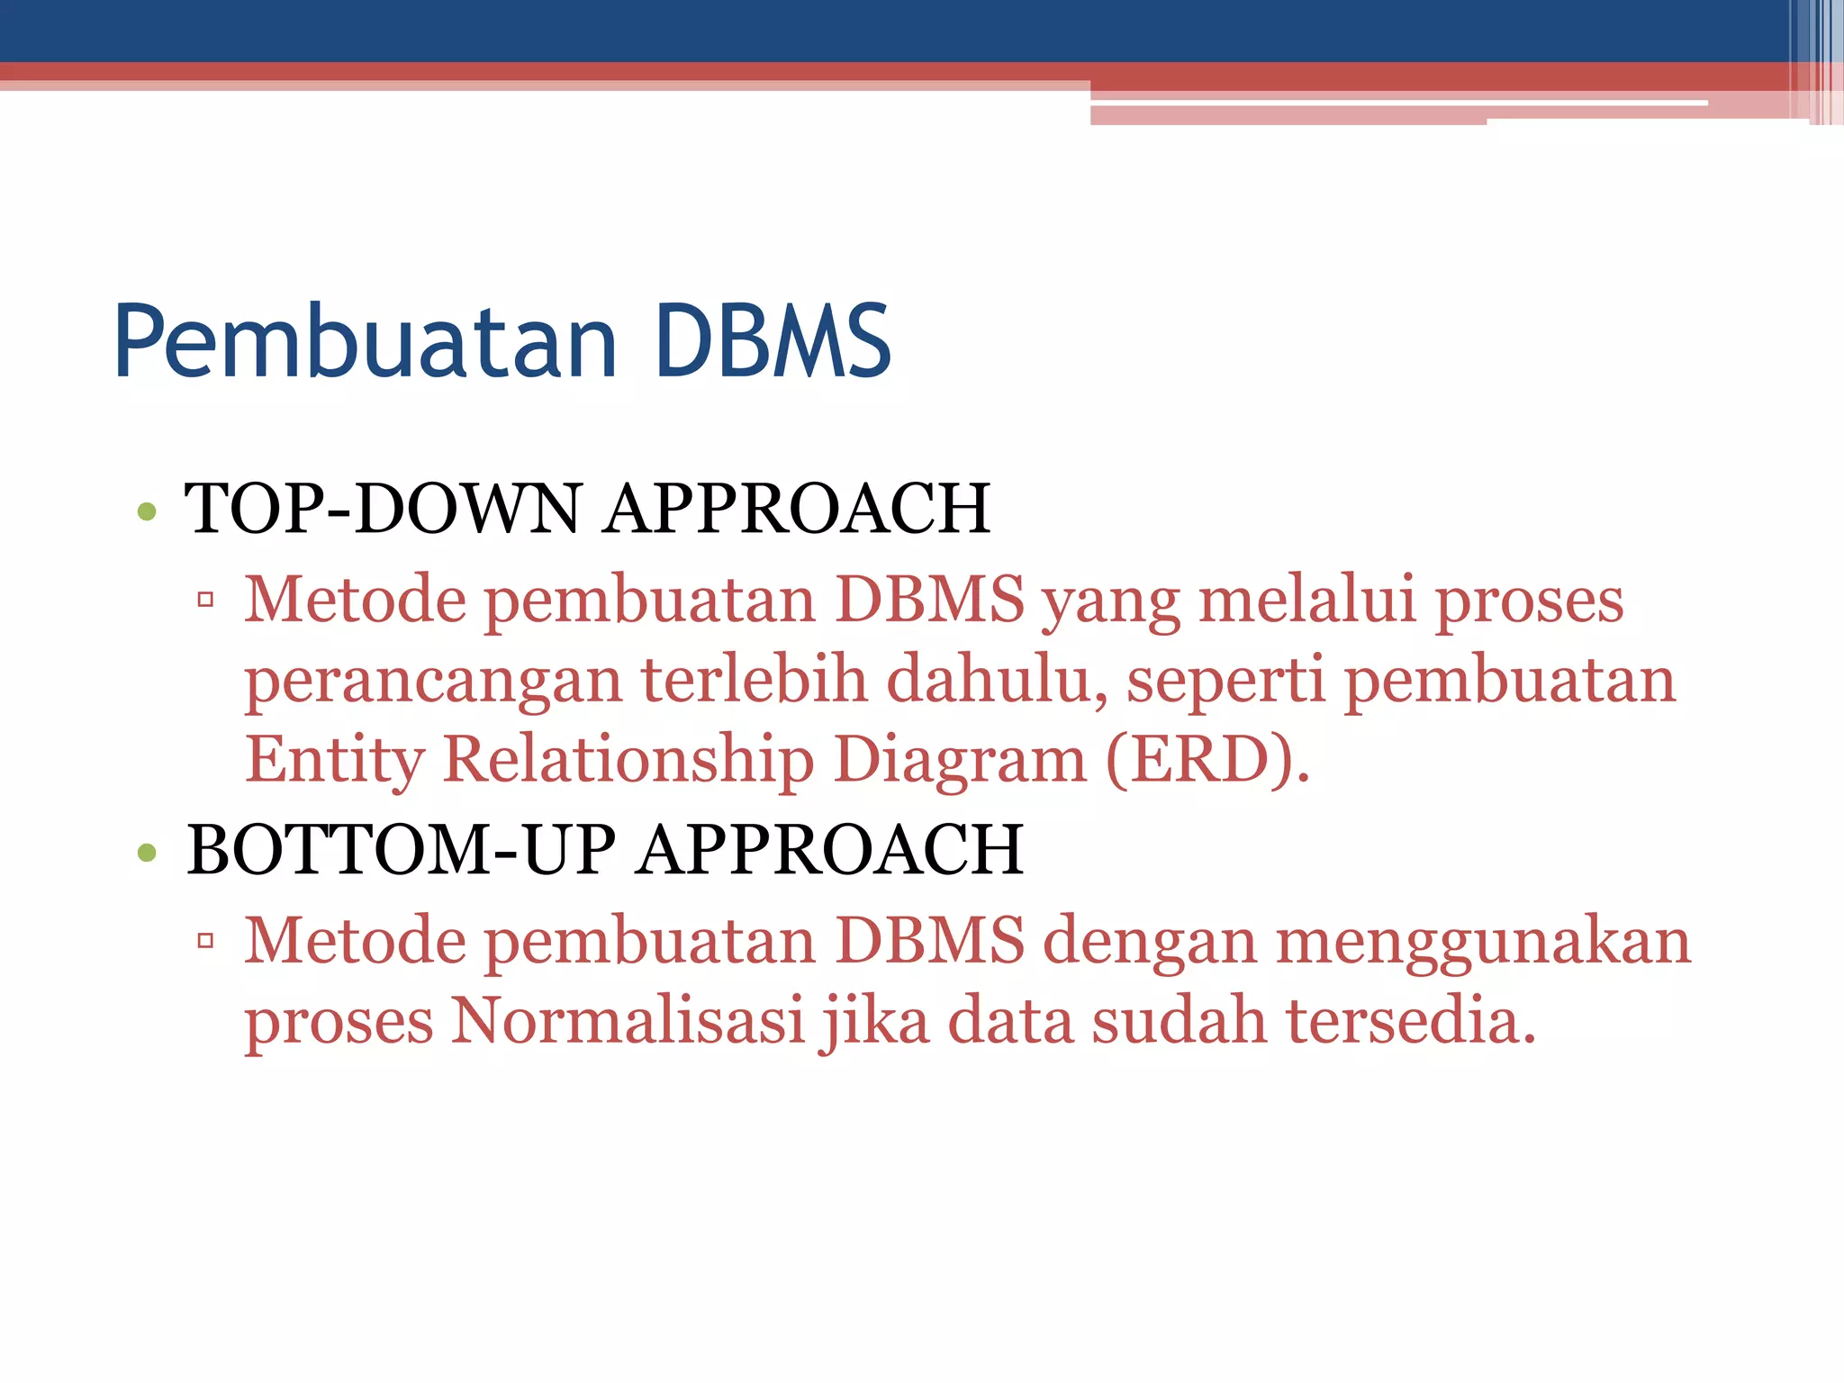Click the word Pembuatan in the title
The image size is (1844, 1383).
[366, 342]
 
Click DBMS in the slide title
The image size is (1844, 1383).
[773, 342]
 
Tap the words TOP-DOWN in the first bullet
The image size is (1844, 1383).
[384, 509]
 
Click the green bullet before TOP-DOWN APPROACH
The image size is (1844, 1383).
[147, 512]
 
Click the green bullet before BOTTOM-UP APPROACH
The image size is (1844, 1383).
[147, 852]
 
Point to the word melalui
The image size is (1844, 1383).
[1306, 600]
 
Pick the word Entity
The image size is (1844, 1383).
[334, 760]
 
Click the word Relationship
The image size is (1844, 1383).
[628, 760]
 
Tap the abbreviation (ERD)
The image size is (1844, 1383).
[1207, 760]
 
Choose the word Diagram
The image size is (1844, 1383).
[960, 760]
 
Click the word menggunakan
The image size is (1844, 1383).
[1483, 943]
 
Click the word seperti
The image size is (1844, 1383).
[1225, 682]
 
